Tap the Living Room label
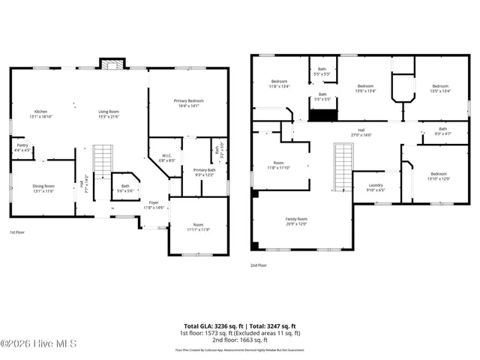click(x=109, y=114)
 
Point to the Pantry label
click(x=22, y=148)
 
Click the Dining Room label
click(x=43, y=188)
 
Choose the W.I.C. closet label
click(x=166, y=158)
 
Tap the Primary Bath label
click(x=205, y=172)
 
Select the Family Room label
click(x=296, y=221)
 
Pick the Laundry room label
click(x=376, y=187)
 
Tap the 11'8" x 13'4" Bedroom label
click(x=280, y=83)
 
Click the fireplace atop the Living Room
click(x=112, y=64)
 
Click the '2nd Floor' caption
click(x=259, y=265)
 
